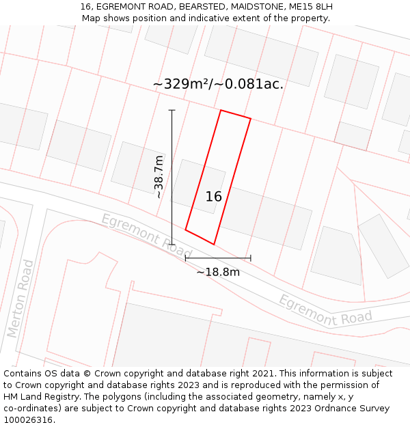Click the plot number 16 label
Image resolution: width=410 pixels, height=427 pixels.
click(x=214, y=197)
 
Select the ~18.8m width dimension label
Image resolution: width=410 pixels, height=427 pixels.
click(x=218, y=272)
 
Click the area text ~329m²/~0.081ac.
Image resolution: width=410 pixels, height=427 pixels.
click(x=218, y=84)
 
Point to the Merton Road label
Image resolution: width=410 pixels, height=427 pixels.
click(x=20, y=299)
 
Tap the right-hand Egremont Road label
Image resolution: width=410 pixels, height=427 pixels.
click(x=325, y=310)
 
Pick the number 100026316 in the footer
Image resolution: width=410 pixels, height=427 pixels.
click(x=28, y=420)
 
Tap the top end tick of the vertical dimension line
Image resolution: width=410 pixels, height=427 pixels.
click(x=172, y=110)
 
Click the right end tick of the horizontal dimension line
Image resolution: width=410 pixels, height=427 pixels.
click(x=251, y=258)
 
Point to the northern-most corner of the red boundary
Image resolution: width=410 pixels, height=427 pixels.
click(x=221, y=110)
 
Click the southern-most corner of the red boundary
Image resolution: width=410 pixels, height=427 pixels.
click(x=214, y=244)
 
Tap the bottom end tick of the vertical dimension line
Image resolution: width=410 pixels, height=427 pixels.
click(x=172, y=244)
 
